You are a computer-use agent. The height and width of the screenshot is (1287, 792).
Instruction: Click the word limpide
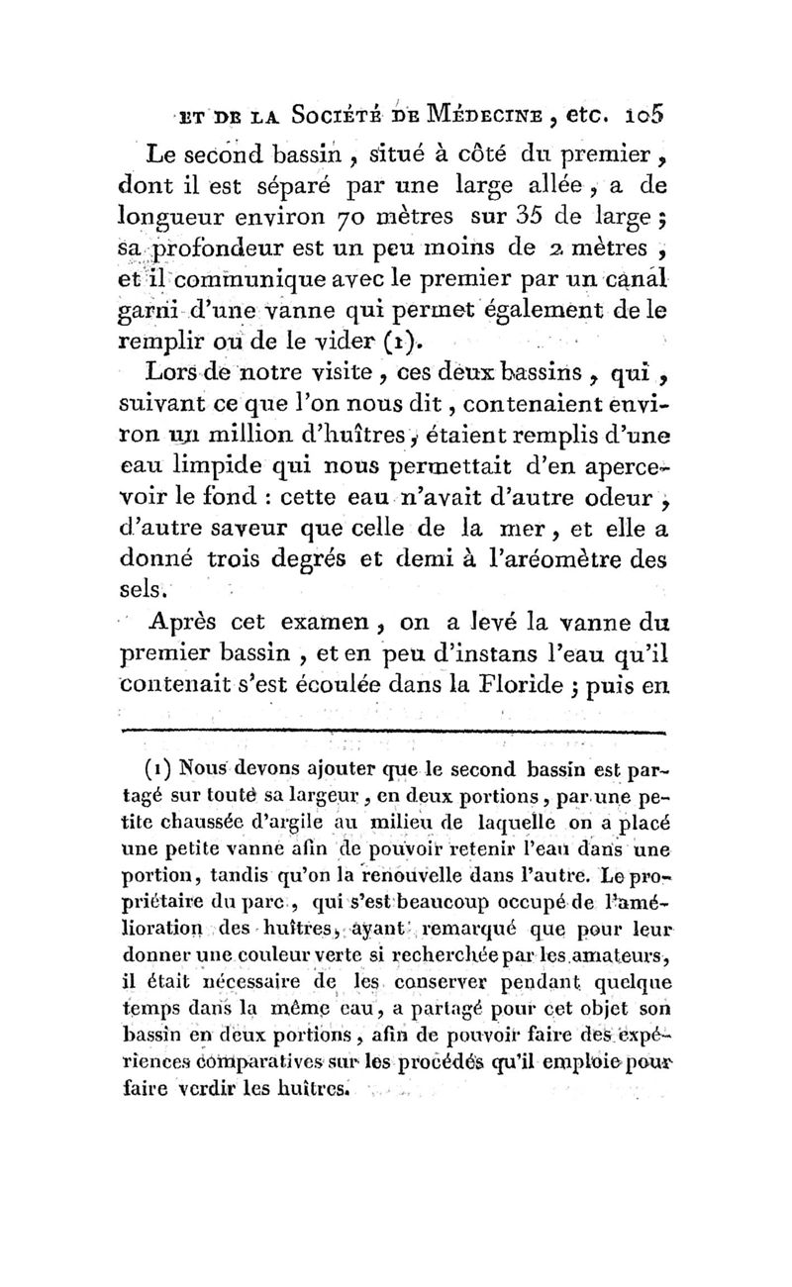point(234,471)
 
